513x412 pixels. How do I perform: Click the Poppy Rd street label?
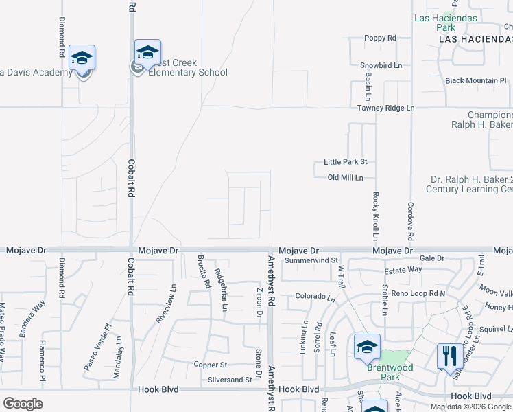coord(380,38)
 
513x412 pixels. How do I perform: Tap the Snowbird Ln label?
coord(381,65)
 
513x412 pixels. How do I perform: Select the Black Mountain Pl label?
coord(475,81)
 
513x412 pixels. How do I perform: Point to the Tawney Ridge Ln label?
coord(385,108)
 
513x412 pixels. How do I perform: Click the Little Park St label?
coord(346,162)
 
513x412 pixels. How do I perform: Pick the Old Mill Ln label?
coord(345,178)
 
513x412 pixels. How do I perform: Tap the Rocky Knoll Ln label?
coord(375,216)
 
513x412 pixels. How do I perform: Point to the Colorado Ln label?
coord(315,297)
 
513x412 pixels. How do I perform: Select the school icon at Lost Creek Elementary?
coord(147,53)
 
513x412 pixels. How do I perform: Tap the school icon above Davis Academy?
coord(82,58)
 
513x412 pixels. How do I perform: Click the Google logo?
coord(23,403)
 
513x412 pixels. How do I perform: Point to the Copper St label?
coord(210,365)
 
